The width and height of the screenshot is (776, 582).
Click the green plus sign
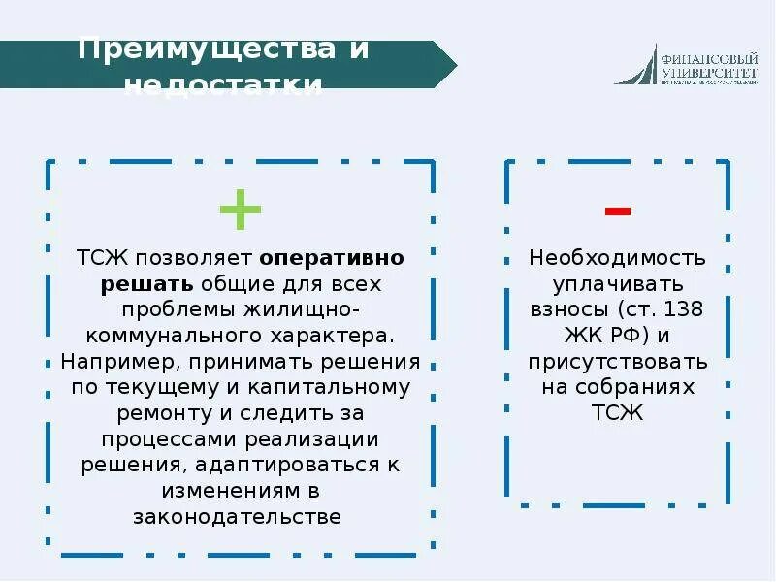click(240, 209)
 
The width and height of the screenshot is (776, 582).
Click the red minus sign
click(618, 210)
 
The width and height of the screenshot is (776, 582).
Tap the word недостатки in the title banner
click(224, 85)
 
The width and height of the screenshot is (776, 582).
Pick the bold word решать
click(148, 284)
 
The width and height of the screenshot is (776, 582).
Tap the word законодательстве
click(238, 516)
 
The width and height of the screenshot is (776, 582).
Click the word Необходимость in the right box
click(617, 259)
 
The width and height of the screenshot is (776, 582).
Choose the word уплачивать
click(618, 284)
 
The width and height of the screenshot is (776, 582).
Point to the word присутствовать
click(618, 362)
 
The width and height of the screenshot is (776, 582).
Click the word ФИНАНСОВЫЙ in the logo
click(707, 56)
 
